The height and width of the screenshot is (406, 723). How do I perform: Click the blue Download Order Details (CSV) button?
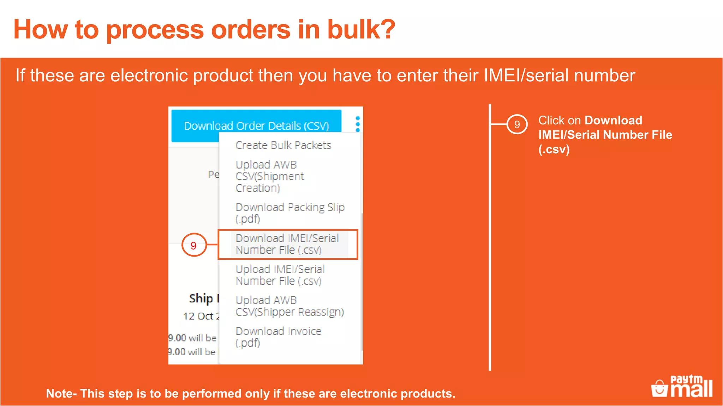pyautogui.click(x=256, y=125)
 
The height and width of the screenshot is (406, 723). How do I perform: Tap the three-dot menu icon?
pyautogui.click(x=358, y=124)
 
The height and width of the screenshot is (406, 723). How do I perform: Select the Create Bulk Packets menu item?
pyautogui.click(x=283, y=145)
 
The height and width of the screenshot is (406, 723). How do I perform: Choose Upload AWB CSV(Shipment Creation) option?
pyautogui.click(x=270, y=176)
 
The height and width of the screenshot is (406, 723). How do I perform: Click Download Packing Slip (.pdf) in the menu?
pyautogui.click(x=289, y=213)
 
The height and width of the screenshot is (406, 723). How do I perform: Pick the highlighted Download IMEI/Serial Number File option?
pyautogui.click(x=287, y=244)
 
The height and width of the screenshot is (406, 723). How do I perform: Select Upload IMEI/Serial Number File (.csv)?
pyautogui.click(x=280, y=275)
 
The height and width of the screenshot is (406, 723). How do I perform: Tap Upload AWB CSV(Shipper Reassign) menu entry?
pyautogui.click(x=289, y=306)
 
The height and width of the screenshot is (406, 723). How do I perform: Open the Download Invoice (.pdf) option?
pyautogui.click(x=278, y=337)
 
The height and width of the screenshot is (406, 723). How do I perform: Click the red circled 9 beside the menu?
pyautogui.click(x=193, y=245)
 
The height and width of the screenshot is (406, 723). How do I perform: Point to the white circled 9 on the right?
pyautogui.click(x=517, y=124)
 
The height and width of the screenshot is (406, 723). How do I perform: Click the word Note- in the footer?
pyautogui.click(x=61, y=393)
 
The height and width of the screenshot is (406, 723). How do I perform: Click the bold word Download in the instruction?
pyautogui.click(x=613, y=121)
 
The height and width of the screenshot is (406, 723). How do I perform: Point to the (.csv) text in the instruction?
pyautogui.click(x=554, y=149)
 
